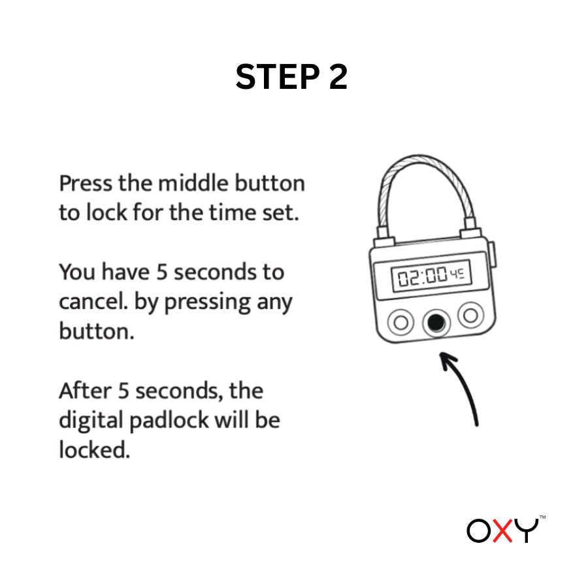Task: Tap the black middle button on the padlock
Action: click(434, 321)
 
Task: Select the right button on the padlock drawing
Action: click(468, 315)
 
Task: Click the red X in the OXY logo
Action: click(502, 531)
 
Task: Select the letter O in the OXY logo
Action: click(478, 531)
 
